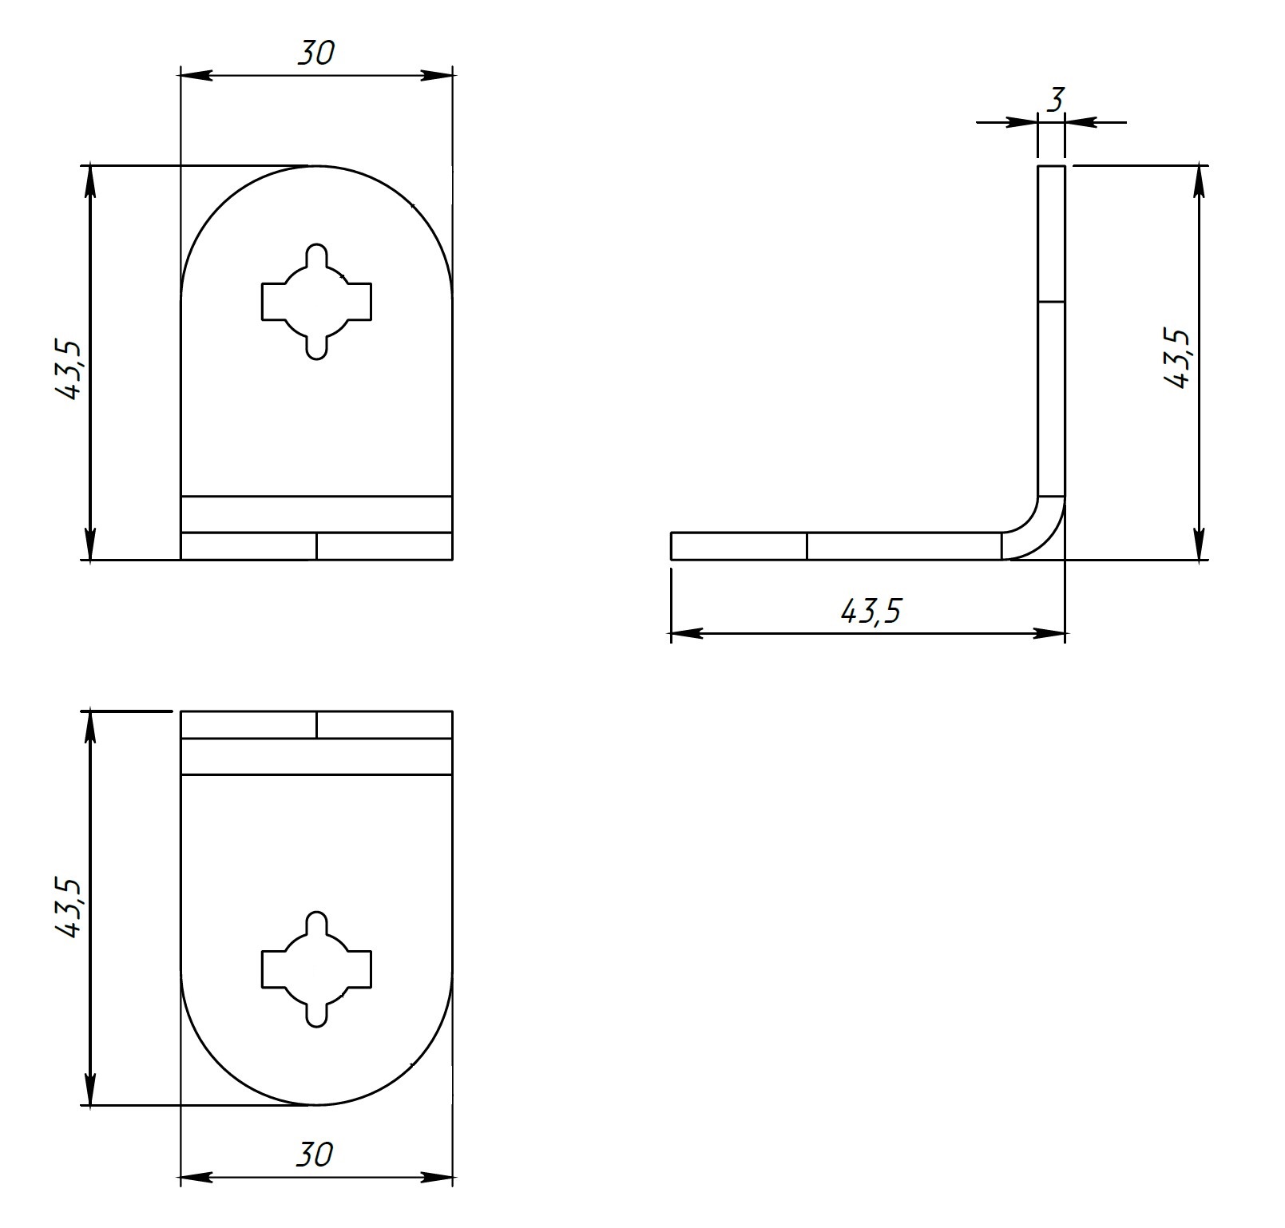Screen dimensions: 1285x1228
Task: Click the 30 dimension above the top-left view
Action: coord(316,53)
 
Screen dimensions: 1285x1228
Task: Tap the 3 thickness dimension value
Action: coord(1056,101)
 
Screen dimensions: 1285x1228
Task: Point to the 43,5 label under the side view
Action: coord(871,612)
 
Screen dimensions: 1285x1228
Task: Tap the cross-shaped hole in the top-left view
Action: coord(317,302)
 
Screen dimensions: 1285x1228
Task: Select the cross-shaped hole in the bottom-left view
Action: coord(317,969)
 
